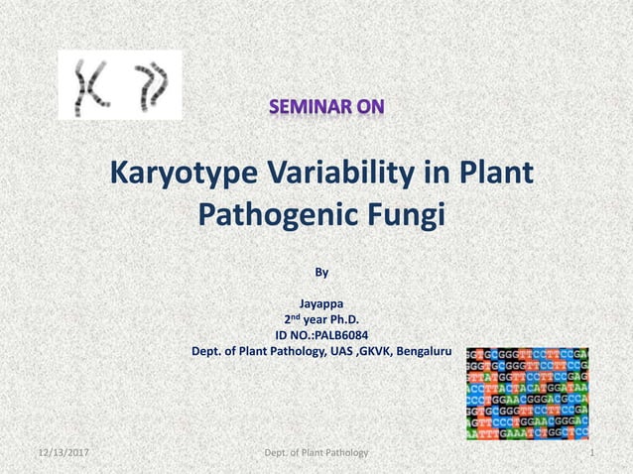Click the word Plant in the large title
click(x=494, y=176)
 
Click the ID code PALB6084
click(x=342, y=335)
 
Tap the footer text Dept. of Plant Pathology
click(x=316, y=452)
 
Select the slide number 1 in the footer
click(x=591, y=452)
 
